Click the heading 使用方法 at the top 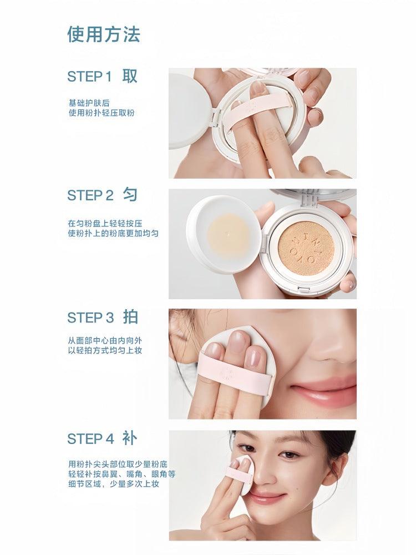104,34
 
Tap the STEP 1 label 89,77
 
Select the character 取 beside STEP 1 130,76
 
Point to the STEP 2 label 90,195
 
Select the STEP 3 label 90,317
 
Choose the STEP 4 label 90,439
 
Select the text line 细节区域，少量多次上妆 114,485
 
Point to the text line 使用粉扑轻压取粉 101,113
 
